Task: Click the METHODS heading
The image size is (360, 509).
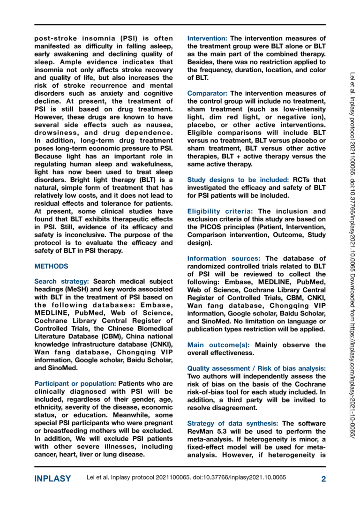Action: (x=52, y=266)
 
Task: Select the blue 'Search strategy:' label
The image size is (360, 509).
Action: (x=62, y=282)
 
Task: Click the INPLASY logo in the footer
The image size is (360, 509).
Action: (x=53, y=479)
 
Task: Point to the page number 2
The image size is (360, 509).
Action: (x=323, y=479)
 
